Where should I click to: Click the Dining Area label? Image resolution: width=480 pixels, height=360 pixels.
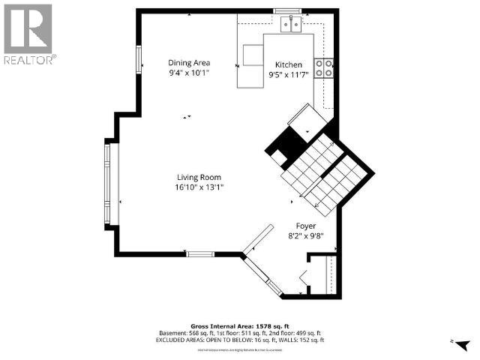pyautogui.click(x=188, y=63)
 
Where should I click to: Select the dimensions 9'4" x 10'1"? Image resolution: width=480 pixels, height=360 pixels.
pyautogui.click(x=188, y=73)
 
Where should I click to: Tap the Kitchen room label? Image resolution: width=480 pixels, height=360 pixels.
pyautogui.click(x=288, y=64)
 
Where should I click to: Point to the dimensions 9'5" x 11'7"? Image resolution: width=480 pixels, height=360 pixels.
pyautogui.click(x=288, y=75)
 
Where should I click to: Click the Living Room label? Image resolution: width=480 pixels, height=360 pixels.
pyautogui.click(x=199, y=177)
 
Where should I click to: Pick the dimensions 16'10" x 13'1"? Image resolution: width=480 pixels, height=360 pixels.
pyautogui.click(x=199, y=187)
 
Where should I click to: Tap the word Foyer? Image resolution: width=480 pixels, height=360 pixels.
pyautogui.click(x=305, y=226)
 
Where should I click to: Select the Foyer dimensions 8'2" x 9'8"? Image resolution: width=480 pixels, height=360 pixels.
pyautogui.click(x=305, y=236)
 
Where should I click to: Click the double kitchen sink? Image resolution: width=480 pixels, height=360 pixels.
pyautogui.click(x=291, y=25)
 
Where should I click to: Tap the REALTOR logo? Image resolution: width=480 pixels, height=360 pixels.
pyautogui.click(x=29, y=34)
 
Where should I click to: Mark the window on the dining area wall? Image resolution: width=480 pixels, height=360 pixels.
pyautogui.click(x=139, y=60)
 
